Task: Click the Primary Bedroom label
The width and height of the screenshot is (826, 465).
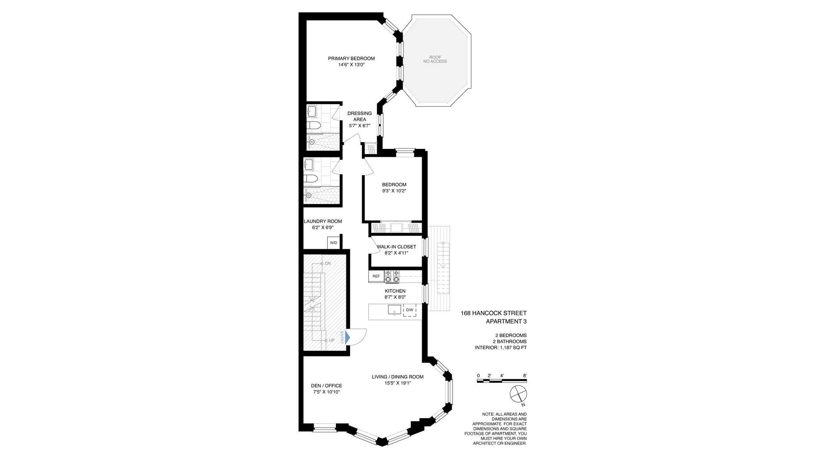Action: (351, 59)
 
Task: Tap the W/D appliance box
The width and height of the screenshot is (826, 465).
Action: (333, 243)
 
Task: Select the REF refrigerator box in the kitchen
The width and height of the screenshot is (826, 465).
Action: (376, 276)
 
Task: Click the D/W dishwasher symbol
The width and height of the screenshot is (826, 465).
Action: (410, 310)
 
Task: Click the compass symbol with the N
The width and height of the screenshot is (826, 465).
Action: (518, 394)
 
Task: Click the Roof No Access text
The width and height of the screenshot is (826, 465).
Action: (435, 59)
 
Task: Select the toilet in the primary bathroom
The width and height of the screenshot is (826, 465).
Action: (314, 126)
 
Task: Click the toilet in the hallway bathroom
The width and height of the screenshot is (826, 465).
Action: (311, 179)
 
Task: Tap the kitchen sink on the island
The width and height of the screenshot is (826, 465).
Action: (394, 310)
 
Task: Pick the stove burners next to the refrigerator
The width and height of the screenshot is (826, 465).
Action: (392, 276)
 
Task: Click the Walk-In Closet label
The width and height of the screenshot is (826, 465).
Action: (396, 247)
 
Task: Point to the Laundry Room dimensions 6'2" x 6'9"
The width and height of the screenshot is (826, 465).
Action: (323, 227)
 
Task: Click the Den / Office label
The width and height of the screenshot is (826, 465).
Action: (326, 386)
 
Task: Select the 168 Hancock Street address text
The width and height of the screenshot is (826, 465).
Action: (493, 313)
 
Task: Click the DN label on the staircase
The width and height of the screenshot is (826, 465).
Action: (327, 263)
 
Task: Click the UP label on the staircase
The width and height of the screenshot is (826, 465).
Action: (331, 340)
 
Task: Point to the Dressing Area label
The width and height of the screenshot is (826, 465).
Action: (360, 116)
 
